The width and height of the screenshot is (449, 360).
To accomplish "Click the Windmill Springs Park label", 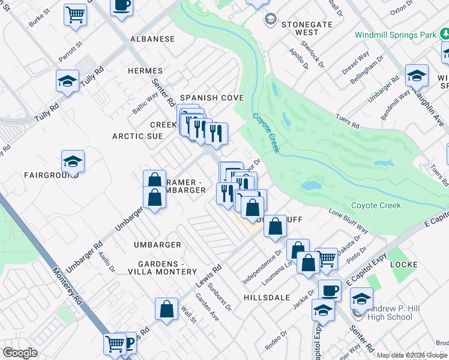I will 396,35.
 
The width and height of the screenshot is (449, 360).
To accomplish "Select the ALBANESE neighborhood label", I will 153,39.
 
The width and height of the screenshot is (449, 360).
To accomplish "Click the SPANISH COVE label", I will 212,98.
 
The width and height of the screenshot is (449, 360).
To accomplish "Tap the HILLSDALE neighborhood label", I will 267,298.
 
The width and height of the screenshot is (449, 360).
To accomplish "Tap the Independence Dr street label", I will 262,268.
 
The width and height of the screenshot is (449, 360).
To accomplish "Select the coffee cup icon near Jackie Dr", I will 329,290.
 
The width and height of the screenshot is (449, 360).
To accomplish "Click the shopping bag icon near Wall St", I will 167,308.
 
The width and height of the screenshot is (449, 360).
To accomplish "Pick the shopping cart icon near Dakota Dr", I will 327,259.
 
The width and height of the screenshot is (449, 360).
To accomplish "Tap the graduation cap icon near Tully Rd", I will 67,81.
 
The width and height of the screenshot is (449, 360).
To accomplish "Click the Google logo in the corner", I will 20,352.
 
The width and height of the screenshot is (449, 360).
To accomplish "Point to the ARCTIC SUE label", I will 137,136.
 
